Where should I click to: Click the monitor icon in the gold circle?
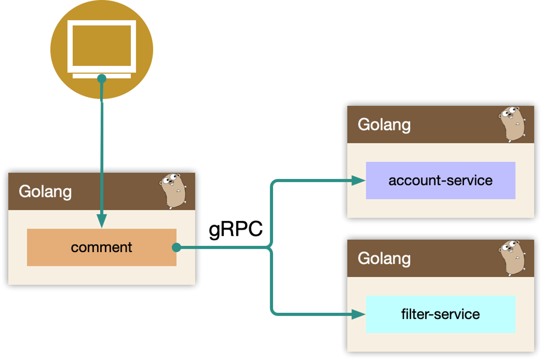point(102,46)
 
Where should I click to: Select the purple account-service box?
point(440,180)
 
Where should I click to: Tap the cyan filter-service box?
point(440,314)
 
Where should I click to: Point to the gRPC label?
point(236,230)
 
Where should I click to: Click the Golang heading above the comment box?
point(45,191)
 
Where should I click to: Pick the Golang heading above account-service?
point(384,124)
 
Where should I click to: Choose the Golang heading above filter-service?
point(384,258)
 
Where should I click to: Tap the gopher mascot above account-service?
point(511,124)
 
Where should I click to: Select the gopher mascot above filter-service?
point(511,258)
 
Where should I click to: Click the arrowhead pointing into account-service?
point(358,181)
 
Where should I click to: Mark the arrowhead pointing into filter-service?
point(358,314)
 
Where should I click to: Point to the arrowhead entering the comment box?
point(102,221)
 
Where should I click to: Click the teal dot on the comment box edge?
point(176,247)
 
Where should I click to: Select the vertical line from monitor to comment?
point(102,154)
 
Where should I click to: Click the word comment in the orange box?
point(102,247)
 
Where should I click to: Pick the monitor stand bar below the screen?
point(102,76)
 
